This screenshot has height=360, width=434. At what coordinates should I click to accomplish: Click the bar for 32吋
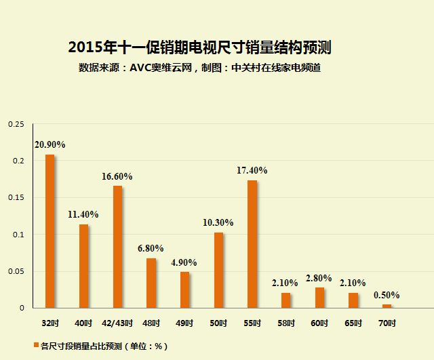tap(50, 231)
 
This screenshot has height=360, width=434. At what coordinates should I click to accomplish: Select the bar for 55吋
tap(252, 243)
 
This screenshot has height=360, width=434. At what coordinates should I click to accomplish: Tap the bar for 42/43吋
tap(117, 246)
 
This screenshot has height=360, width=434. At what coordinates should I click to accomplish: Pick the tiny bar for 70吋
tap(387, 306)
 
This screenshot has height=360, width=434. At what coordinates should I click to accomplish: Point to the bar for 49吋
tap(184, 289)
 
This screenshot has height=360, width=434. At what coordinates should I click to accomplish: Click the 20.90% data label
tap(50, 144)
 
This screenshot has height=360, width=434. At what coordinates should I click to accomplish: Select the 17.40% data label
tap(252, 170)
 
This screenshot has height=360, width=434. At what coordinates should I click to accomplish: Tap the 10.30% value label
tap(218, 222)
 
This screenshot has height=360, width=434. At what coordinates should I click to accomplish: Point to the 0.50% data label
tap(387, 295)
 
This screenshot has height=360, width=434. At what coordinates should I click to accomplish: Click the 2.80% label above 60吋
tap(319, 278)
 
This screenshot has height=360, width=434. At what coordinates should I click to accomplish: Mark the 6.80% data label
tap(151, 248)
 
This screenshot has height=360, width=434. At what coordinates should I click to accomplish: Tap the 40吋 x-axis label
tap(83, 323)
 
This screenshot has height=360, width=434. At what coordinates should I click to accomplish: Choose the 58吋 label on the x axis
tap(285, 323)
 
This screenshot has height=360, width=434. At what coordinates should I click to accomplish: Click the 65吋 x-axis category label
tap(353, 323)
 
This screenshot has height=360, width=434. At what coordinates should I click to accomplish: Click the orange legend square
tap(36, 346)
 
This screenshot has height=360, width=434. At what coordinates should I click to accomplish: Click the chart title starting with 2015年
tap(199, 47)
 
